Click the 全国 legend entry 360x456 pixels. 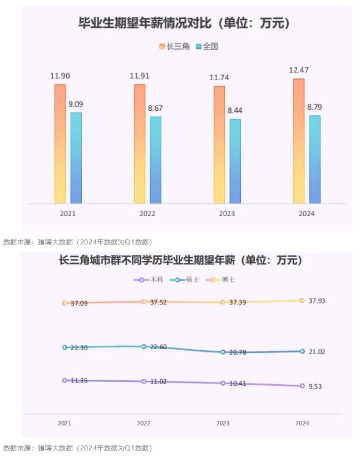pos(207,47)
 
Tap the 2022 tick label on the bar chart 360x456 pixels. pos(147,214)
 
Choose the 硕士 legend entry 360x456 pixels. pos(184,280)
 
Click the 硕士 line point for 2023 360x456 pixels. pos(223,352)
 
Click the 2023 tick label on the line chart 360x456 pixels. pos(223,423)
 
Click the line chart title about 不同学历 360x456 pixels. pos(180,260)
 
